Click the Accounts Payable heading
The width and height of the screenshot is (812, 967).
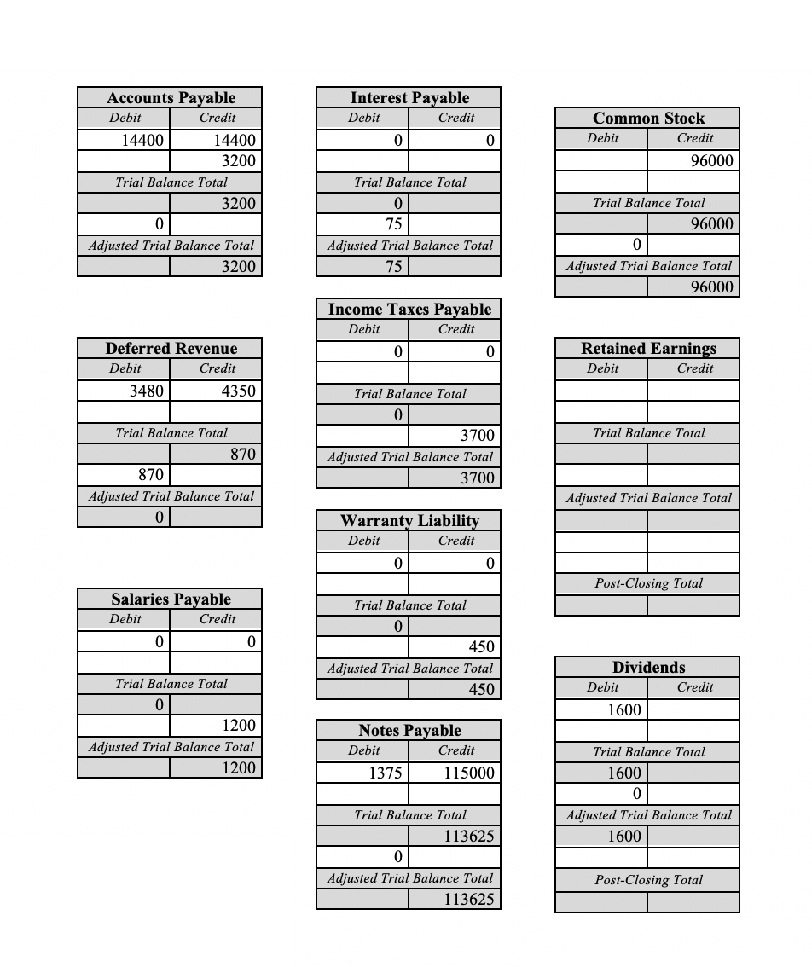(171, 97)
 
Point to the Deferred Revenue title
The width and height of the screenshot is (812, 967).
(171, 348)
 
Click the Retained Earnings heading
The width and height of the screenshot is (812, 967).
(648, 348)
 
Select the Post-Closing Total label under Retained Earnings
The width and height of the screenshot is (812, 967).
(648, 583)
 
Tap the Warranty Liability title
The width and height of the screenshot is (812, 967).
(409, 520)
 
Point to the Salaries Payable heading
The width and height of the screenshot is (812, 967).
(171, 599)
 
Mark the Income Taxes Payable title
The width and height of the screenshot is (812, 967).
(409, 309)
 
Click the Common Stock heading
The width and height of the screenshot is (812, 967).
(648, 118)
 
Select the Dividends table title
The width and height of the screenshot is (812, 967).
(648, 667)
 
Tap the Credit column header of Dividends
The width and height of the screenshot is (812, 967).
(694, 687)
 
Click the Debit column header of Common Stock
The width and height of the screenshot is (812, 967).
(602, 138)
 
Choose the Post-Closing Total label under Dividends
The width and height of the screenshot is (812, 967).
(648, 880)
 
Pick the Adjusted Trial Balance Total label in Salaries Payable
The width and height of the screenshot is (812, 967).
(171, 747)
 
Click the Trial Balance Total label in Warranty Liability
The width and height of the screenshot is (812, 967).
(409, 605)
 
